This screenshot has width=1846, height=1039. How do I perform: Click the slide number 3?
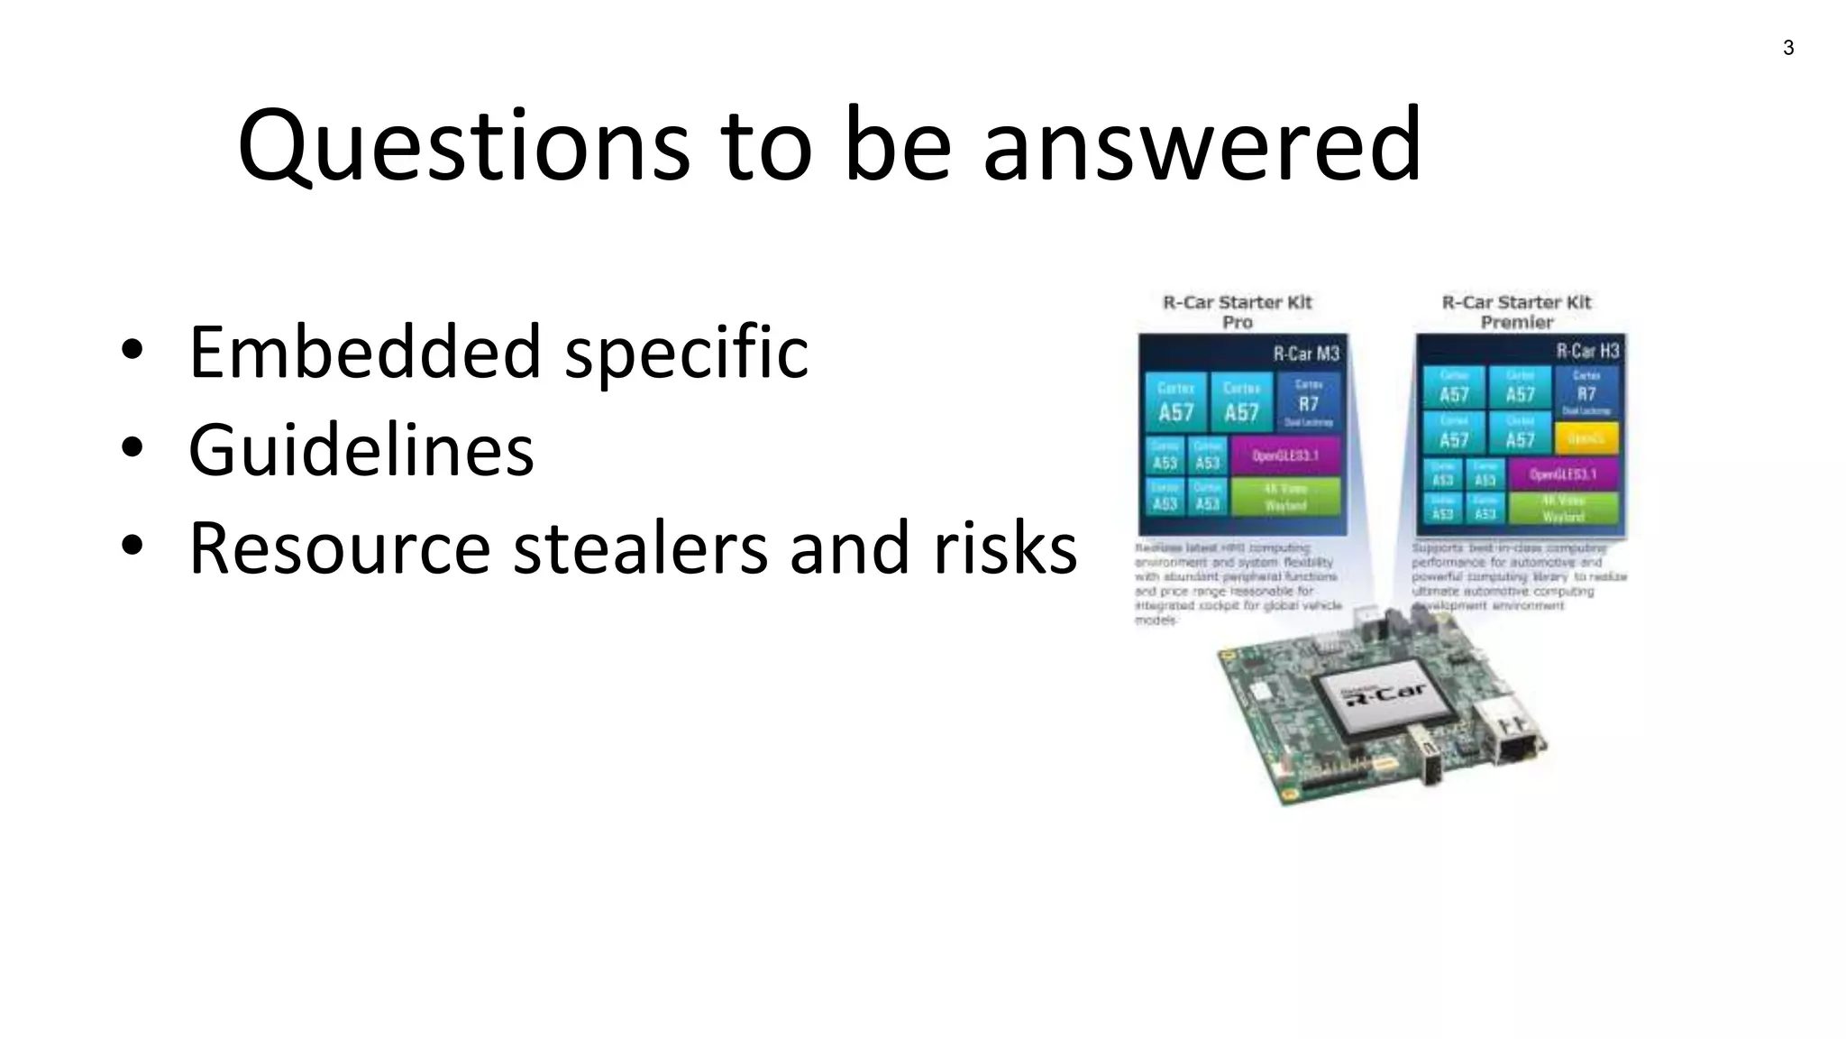coord(1788,49)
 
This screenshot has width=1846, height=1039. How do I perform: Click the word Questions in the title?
coord(462,146)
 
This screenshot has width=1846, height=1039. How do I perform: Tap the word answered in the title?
coord(1202,146)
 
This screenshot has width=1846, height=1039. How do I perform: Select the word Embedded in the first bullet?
coord(365,352)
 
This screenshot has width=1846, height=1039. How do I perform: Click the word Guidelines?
coord(361,450)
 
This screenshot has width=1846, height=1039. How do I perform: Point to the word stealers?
coord(640,547)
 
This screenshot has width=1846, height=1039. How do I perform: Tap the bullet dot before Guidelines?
coord(133,448)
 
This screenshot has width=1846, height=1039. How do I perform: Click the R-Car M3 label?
coord(1306,354)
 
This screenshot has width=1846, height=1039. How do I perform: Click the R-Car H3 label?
coord(1587,351)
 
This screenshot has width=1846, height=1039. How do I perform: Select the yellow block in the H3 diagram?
coord(1586,439)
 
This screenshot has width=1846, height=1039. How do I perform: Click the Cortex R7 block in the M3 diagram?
coord(1308,402)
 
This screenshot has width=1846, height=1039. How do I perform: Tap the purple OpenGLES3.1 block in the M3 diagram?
coord(1285,456)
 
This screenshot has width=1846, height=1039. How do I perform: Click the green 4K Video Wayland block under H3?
coord(1563,508)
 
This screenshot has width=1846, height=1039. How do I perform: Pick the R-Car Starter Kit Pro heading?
coord(1238,312)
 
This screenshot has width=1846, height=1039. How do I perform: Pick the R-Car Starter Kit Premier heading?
coord(1517,312)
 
